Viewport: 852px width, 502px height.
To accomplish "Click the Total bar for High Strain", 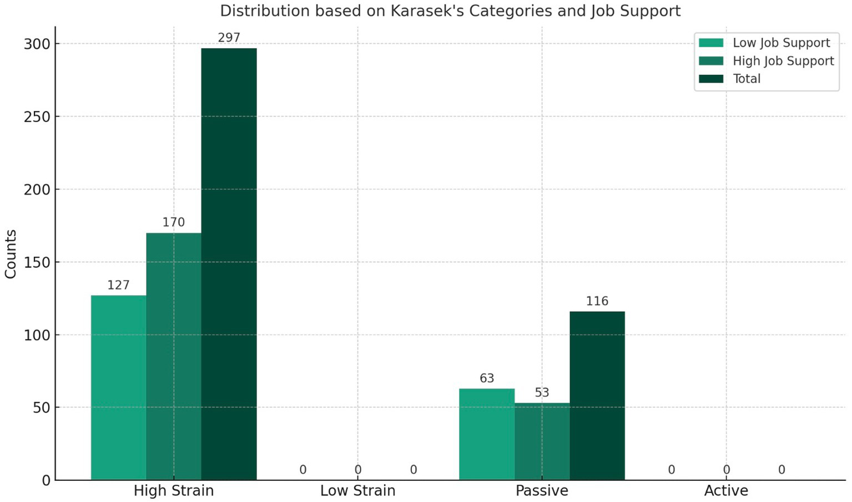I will point(229,264).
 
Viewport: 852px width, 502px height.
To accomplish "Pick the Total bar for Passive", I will point(597,395).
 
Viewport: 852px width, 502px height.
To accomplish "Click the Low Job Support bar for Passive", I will point(487,434).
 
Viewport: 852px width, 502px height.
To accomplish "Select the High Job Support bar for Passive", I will point(542,441).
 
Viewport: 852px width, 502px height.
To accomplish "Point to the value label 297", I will point(229,38).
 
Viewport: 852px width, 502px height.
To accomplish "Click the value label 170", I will point(174,222).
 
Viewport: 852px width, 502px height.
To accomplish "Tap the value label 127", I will point(118,285).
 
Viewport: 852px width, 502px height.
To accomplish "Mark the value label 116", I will point(597,301).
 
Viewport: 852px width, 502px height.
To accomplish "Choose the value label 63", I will point(487,378).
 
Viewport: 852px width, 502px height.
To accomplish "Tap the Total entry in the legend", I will point(747,78).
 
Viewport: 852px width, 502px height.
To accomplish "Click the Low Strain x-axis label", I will point(357,491).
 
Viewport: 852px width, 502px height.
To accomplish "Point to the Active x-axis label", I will point(726,491).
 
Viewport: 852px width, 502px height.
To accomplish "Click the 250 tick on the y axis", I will point(37,116).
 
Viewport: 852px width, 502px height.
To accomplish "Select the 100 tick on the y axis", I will point(37,335).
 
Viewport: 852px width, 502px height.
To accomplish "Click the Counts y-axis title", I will point(11,253).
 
